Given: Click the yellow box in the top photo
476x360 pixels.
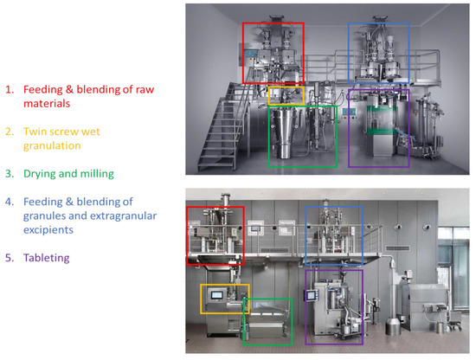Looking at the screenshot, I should [x=286, y=95].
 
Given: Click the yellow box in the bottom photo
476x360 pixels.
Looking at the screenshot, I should [x=225, y=299].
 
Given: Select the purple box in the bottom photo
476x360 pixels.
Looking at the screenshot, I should [x=333, y=306].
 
